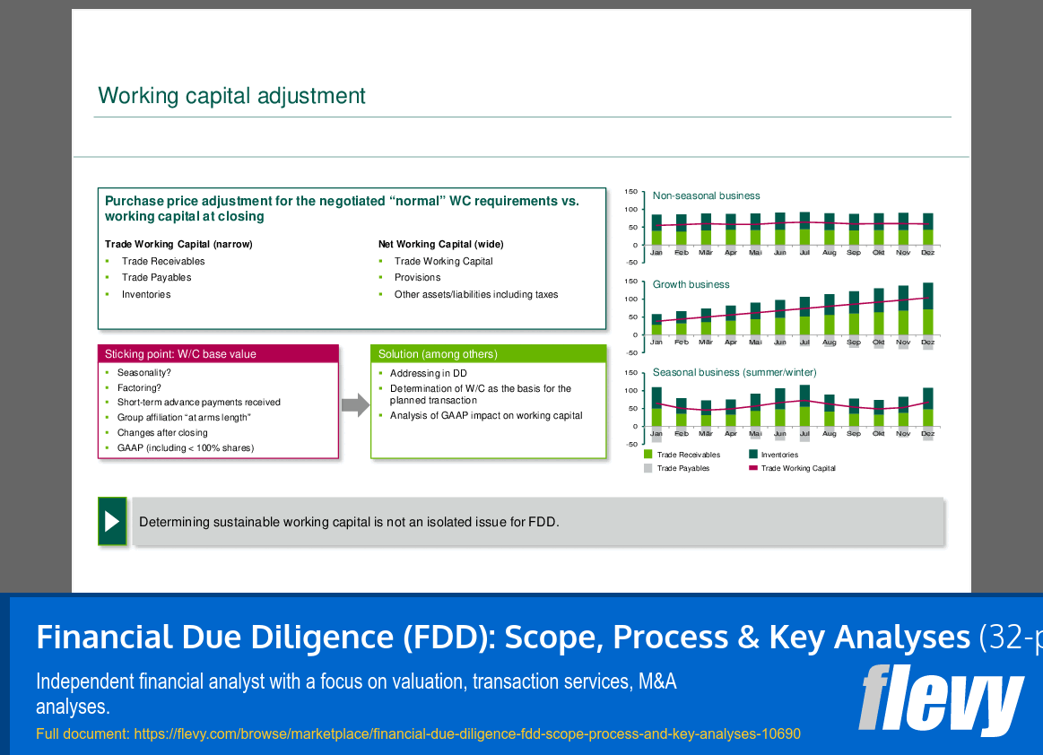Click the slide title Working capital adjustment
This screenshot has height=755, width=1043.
pyautogui.click(x=231, y=96)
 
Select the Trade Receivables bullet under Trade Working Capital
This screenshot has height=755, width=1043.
pyautogui.click(x=163, y=261)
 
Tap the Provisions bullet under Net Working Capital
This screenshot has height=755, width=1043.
pyautogui.click(x=417, y=277)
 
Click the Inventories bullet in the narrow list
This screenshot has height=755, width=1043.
pyautogui.click(x=146, y=294)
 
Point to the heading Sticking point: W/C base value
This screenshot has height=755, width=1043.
pyautogui.click(x=180, y=354)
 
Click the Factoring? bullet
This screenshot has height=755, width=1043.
pyautogui.click(x=139, y=388)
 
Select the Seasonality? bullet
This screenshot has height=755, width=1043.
pyautogui.click(x=143, y=372)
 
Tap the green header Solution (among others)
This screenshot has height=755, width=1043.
pyautogui.click(x=438, y=354)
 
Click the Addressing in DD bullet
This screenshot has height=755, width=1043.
pyautogui.click(x=428, y=373)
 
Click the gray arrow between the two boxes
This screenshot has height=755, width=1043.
pyautogui.click(x=355, y=405)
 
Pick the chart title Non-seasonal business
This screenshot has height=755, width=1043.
pyautogui.click(x=706, y=195)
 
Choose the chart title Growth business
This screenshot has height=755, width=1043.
pyautogui.click(x=691, y=284)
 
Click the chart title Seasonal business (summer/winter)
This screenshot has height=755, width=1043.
pyautogui.click(x=734, y=372)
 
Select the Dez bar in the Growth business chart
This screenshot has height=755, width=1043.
pyautogui.click(x=927, y=309)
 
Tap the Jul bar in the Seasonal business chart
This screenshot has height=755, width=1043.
pyautogui.click(x=804, y=405)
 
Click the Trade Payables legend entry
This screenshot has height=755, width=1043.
pyautogui.click(x=682, y=468)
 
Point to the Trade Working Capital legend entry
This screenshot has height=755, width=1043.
pyautogui.click(x=797, y=468)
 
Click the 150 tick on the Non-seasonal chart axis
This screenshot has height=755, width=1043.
pyautogui.click(x=630, y=192)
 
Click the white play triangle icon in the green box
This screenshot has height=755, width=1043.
pyautogui.click(x=112, y=521)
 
